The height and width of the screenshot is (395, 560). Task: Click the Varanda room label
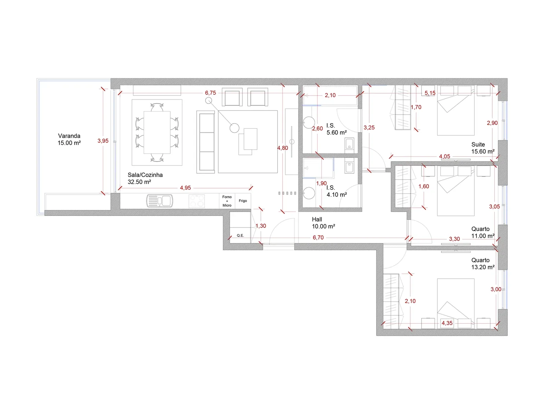[69, 139]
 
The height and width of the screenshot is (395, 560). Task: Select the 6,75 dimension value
[211, 93]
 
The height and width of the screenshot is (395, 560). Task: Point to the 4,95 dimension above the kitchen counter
[185, 188]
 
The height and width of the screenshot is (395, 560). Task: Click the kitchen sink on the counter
[159, 201]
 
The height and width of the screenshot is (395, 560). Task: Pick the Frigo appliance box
[243, 201]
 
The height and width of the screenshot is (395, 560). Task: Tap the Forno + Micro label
[227, 201]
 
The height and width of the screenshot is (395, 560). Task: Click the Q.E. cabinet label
[240, 236]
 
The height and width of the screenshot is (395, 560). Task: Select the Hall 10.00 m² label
[323, 223]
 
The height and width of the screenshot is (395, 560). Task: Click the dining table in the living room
[157, 132]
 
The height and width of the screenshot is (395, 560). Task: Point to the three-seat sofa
[205, 142]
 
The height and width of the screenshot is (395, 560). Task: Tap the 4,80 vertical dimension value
[282, 148]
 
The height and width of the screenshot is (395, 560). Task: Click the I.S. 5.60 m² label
[337, 129]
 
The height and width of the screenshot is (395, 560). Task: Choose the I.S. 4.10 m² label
[337, 191]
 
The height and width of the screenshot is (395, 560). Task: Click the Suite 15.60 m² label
[483, 148]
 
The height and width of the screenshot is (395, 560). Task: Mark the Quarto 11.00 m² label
[483, 233]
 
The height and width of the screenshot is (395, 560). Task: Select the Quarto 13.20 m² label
[483, 264]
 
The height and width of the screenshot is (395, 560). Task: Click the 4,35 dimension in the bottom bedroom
[447, 323]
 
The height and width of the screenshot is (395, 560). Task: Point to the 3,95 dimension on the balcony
[103, 141]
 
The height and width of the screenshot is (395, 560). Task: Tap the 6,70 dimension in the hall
[318, 237]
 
